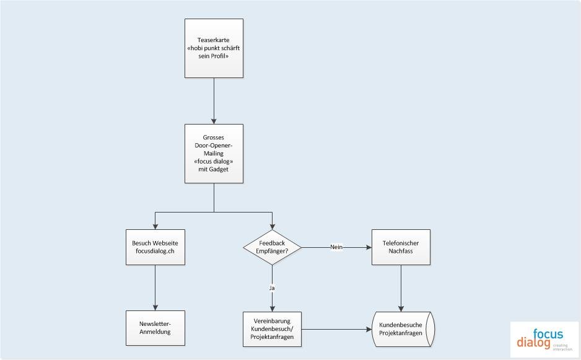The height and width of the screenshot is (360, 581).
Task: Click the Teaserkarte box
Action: point(214,48)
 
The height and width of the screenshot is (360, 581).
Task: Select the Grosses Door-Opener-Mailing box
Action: point(214,154)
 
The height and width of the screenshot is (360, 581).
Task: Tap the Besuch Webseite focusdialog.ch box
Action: point(155,247)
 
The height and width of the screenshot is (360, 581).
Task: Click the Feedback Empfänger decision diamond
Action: point(273,247)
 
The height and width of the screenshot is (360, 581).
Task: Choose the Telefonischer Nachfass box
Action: point(401,247)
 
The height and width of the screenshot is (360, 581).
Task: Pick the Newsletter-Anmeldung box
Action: point(155,328)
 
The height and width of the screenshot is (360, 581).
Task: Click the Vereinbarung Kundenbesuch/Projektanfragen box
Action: point(273,329)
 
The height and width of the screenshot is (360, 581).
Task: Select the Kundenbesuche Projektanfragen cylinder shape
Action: point(403,329)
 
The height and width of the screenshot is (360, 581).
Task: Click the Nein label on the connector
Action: point(336,247)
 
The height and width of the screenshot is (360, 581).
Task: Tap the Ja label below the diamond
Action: point(272,288)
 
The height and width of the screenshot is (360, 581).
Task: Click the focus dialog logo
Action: point(544,339)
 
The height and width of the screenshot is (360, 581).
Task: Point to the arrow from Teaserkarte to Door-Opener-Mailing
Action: point(214,101)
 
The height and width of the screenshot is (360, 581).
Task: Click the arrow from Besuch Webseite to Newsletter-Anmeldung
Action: point(155,288)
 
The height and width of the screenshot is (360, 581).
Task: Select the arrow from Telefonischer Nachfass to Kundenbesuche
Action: point(401,289)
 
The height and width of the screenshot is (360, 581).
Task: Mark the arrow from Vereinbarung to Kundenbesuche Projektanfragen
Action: point(337,329)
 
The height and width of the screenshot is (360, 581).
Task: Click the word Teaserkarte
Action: point(214,40)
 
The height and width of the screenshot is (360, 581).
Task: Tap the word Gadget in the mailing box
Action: point(219,169)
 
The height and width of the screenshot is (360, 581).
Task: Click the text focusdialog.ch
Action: point(155,251)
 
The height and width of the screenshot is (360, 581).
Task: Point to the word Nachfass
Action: point(401,251)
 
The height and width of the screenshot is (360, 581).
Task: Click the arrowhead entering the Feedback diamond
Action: point(273,227)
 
